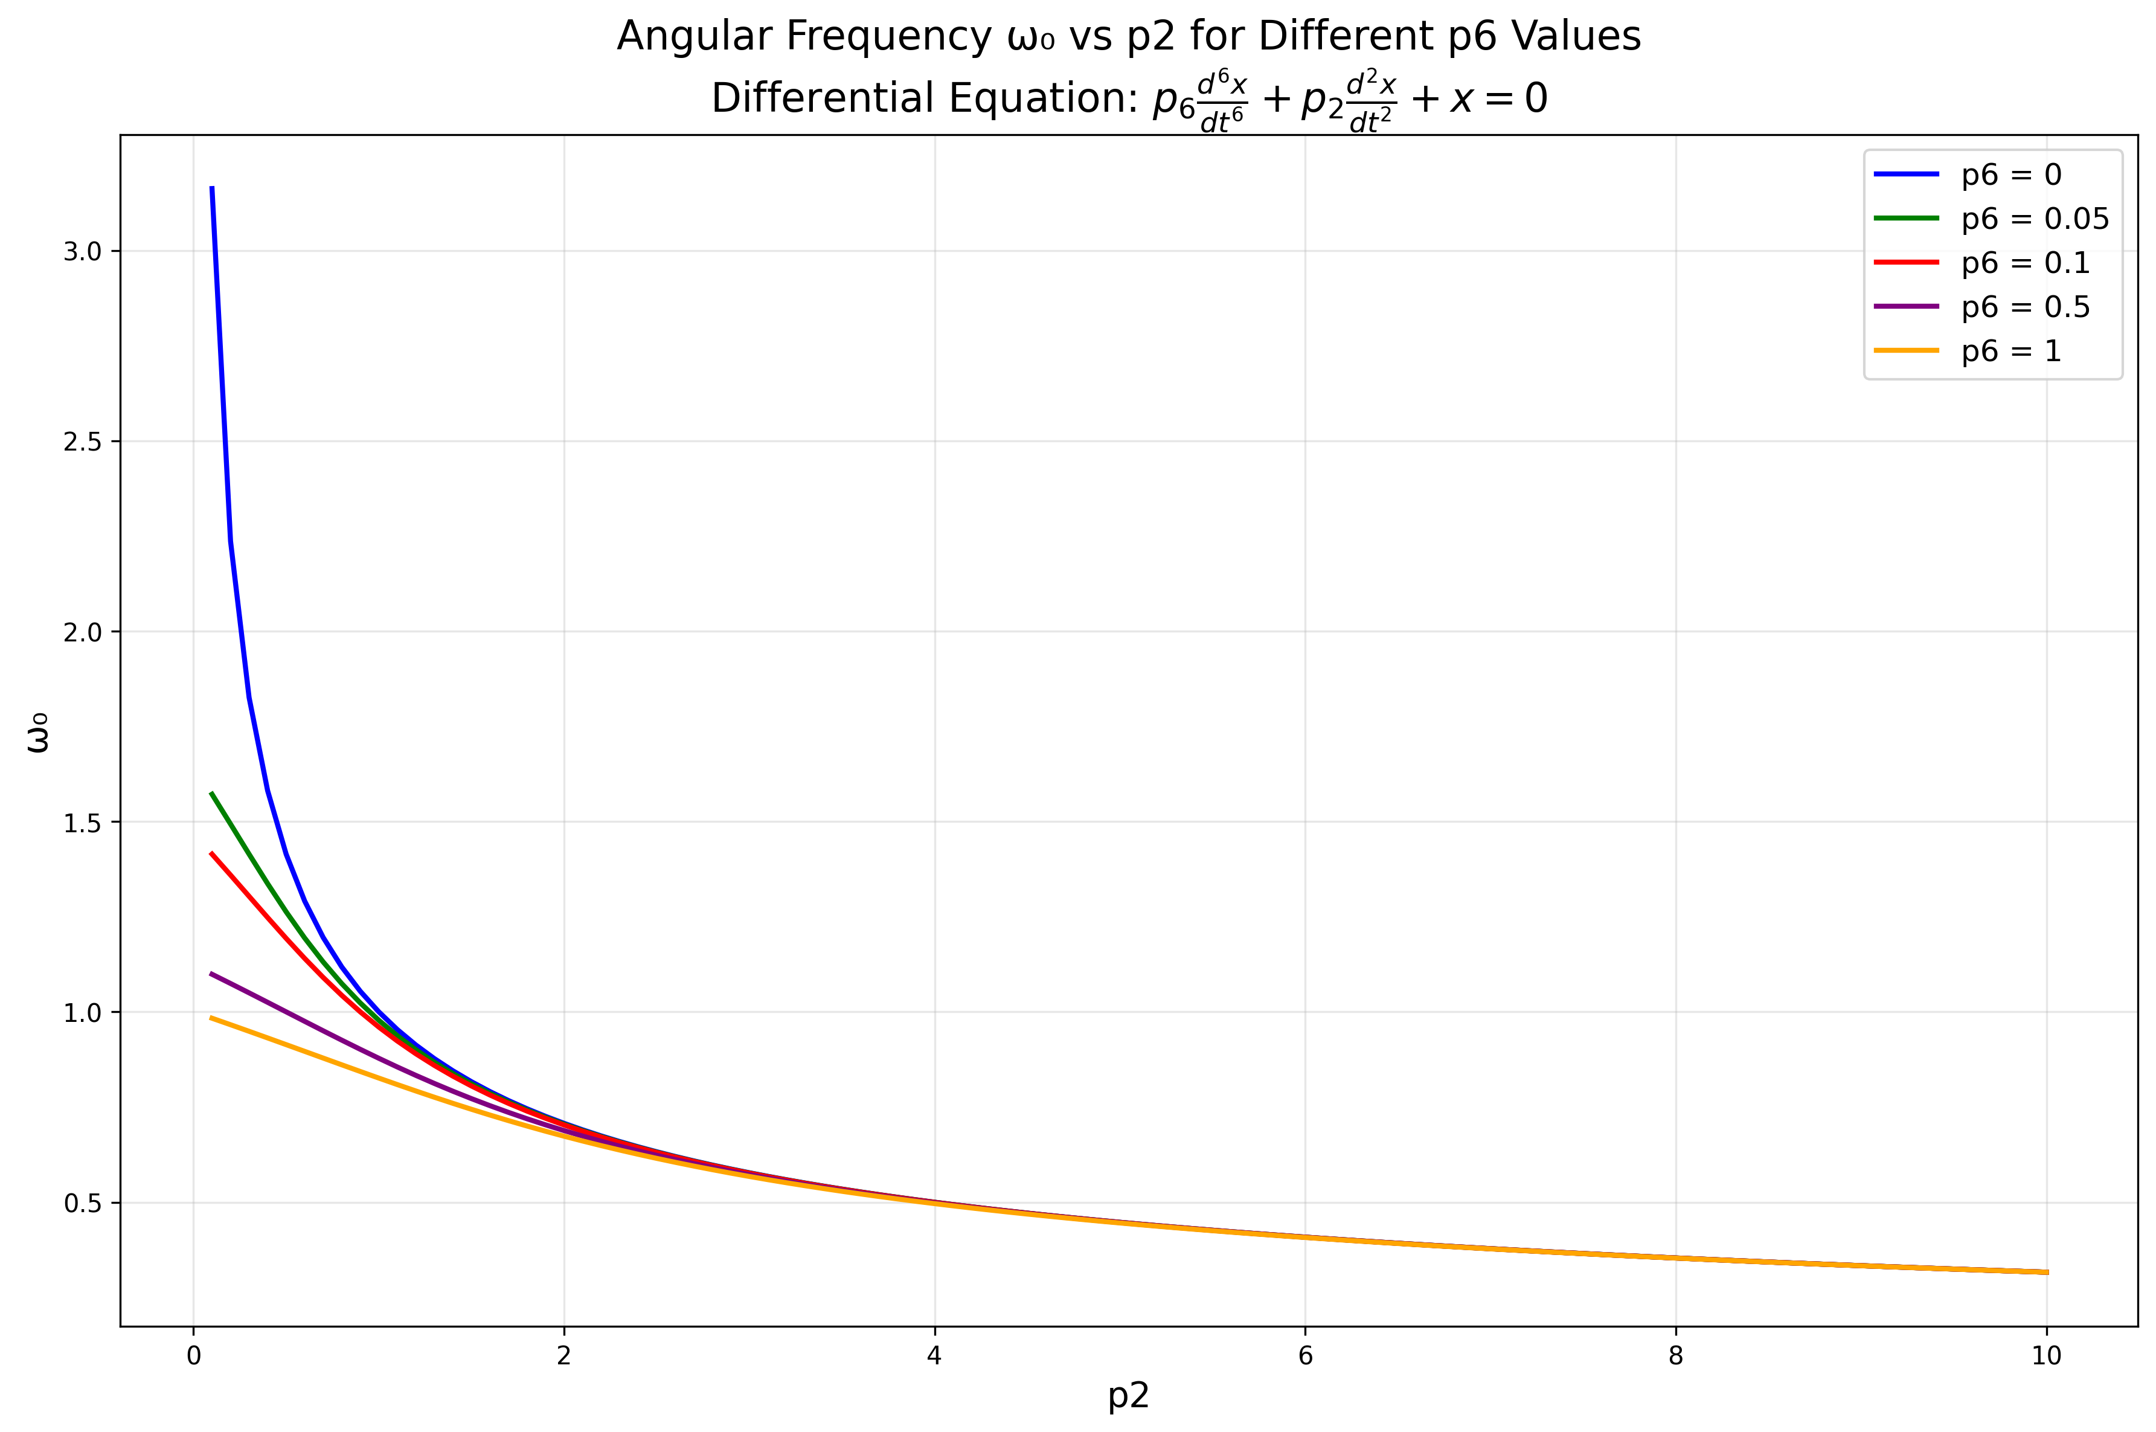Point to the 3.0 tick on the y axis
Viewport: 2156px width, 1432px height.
point(82,252)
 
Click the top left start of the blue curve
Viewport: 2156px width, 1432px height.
point(212,188)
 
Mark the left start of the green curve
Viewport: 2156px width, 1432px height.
point(212,793)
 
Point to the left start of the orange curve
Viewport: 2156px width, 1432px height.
point(212,1017)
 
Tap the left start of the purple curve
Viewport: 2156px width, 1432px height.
point(212,974)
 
